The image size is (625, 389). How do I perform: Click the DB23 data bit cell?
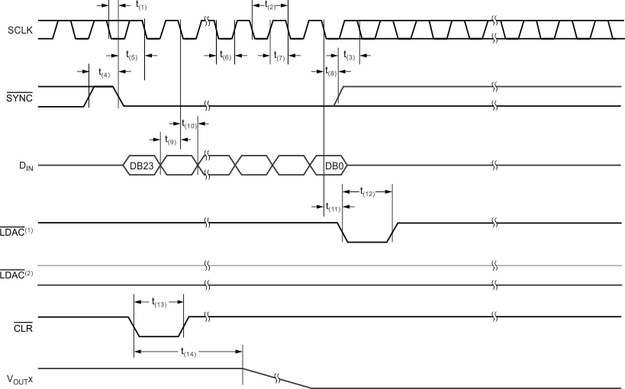click(142, 165)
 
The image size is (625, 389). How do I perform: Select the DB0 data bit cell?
click(333, 165)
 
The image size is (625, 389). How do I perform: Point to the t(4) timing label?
click(104, 73)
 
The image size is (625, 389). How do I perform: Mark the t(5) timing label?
click(131, 56)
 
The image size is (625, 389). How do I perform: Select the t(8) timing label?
click(331, 73)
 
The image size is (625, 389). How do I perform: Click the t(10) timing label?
click(188, 124)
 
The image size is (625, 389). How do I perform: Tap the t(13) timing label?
click(159, 303)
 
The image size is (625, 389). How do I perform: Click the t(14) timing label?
click(188, 352)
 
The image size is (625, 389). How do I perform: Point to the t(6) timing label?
click(225, 56)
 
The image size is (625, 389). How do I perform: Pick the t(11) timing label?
click(333, 207)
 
